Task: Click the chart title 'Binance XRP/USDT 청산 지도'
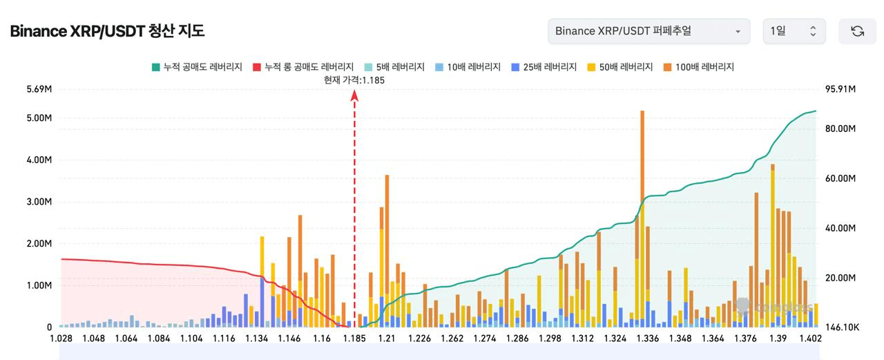pyautogui.click(x=107, y=31)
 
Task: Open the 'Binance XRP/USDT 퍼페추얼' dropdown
pyautogui.click(x=648, y=31)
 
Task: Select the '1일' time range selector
pyautogui.click(x=794, y=31)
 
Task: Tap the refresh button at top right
pyautogui.click(x=857, y=31)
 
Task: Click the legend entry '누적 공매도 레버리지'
pyautogui.click(x=197, y=67)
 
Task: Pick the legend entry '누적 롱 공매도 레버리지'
pyautogui.click(x=303, y=67)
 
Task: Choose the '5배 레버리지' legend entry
pyautogui.click(x=394, y=67)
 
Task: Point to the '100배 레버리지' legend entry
pyautogui.click(x=698, y=67)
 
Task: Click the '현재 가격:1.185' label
pyautogui.click(x=354, y=80)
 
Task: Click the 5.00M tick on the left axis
pyautogui.click(x=39, y=118)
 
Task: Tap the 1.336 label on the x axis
pyautogui.click(x=647, y=339)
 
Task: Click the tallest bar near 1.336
pyautogui.click(x=642, y=207)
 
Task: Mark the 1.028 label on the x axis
pyautogui.click(x=61, y=339)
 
